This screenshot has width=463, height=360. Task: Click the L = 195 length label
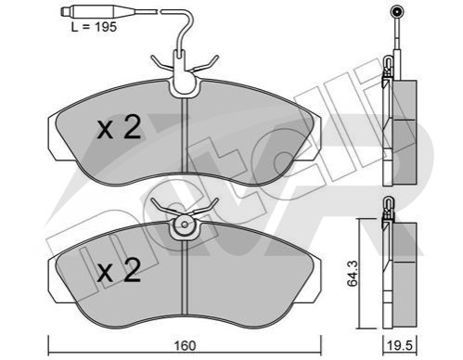coord(94,27)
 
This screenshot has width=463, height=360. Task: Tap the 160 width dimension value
coord(185,346)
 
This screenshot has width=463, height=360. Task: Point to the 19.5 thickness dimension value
coord(400,346)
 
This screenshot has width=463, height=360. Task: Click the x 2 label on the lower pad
coord(119,270)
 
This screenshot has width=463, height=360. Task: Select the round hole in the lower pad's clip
coord(185,225)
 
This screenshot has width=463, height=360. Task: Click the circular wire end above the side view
coord(396,12)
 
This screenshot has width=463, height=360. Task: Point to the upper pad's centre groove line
coord(185,135)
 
